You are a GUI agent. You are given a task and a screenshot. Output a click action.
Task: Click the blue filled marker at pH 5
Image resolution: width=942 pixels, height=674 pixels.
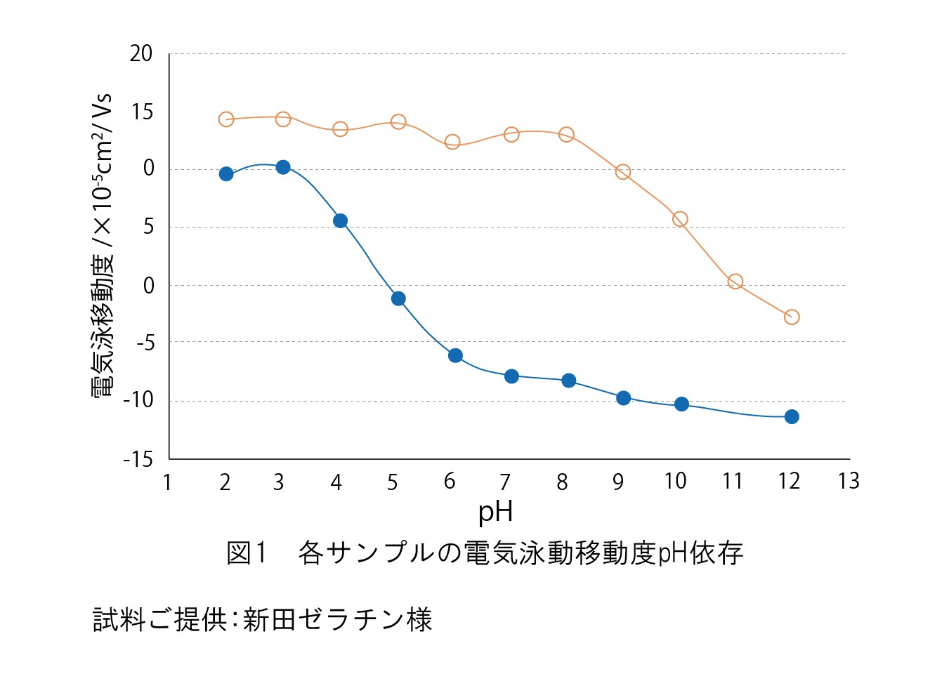398,299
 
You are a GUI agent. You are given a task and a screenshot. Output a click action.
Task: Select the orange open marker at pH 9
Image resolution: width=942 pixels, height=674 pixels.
623,172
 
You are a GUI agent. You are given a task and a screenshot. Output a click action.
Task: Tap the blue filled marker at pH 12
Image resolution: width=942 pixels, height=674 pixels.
792,417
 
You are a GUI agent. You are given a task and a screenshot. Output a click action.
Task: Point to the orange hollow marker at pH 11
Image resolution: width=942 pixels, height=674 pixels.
735,282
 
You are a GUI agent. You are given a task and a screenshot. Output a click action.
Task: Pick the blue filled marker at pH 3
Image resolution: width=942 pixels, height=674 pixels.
283,167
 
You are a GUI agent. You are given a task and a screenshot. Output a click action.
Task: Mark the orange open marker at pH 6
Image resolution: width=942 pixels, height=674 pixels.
452,142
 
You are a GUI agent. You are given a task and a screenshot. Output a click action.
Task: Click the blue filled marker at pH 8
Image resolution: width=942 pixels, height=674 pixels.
569,381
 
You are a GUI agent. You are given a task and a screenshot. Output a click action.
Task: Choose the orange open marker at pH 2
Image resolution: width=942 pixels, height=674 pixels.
226,119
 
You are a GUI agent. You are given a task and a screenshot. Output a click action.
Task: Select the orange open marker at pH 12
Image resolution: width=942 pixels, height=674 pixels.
792,317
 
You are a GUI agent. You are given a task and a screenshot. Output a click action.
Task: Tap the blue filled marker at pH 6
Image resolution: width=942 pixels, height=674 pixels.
455,356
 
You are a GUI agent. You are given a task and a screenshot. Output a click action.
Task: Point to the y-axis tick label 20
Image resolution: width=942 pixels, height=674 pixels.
141,54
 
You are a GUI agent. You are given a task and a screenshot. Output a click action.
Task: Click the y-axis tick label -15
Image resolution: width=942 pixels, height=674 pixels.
138,459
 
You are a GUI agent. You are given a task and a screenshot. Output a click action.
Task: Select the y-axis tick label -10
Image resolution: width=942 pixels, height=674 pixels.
138,399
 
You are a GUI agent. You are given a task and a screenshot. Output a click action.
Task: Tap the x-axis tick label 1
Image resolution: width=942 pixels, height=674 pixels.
167,482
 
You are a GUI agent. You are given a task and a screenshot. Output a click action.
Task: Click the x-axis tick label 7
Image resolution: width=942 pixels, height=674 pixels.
505,482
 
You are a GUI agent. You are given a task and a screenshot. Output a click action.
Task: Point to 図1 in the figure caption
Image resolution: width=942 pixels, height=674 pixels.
247,553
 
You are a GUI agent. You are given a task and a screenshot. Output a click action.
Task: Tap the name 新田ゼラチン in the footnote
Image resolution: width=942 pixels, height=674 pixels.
324,619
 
